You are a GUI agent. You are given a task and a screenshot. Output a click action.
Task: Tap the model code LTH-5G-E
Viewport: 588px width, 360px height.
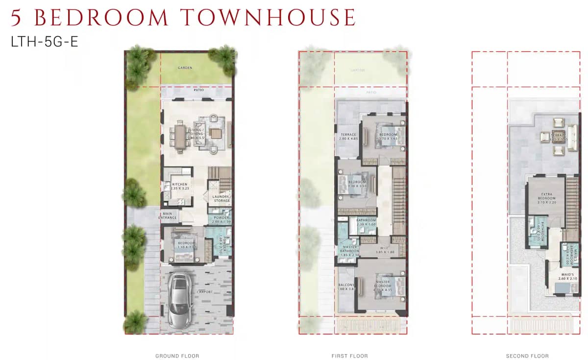tap(45, 42)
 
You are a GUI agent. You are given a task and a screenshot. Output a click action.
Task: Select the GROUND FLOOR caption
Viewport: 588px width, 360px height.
tap(177, 356)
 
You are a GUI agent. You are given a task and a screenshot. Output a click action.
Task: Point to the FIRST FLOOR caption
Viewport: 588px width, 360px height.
tap(349, 356)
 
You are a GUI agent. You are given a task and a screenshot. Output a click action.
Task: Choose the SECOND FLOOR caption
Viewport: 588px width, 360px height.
tap(527, 356)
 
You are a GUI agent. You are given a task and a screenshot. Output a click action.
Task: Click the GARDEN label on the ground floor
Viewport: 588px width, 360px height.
tap(185, 68)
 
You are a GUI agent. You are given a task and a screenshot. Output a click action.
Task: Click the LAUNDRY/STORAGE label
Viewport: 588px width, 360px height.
tap(221, 198)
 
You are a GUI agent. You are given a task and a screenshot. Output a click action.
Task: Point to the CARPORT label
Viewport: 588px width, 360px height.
tap(205, 292)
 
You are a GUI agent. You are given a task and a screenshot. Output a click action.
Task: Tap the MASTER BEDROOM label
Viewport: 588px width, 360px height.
tap(383, 284)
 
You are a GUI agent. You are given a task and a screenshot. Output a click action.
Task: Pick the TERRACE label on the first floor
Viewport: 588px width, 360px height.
tap(348, 135)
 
